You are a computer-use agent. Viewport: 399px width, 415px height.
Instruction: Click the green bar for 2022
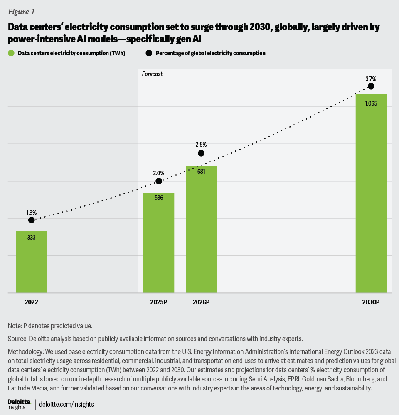[x=31, y=262]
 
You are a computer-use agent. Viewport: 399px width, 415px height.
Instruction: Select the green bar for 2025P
[x=159, y=243]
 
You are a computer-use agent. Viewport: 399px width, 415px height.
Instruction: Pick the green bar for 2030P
[x=371, y=194]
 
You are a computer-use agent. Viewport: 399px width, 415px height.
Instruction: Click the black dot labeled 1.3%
[x=31, y=220]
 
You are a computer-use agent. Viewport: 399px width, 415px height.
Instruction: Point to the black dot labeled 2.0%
[x=159, y=181]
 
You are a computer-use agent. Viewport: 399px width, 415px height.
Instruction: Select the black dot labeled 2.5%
[x=201, y=153]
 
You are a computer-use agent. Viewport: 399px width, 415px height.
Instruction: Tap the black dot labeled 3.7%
[x=371, y=86]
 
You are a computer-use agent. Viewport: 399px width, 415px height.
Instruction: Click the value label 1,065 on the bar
[x=371, y=103]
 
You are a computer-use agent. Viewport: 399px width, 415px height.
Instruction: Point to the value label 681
[x=201, y=172]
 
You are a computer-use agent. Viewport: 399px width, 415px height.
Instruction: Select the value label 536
[x=159, y=198]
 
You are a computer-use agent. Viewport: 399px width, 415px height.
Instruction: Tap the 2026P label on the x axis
[x=201, y=302]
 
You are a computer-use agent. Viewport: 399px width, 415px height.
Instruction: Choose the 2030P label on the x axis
[x=371, y=302]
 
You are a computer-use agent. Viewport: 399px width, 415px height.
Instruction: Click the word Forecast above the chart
[x=152, y=74]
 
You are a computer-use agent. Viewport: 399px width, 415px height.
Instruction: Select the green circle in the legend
[x=10, y=53]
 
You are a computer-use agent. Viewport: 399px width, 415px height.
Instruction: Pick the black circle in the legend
[x=148, y=53]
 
